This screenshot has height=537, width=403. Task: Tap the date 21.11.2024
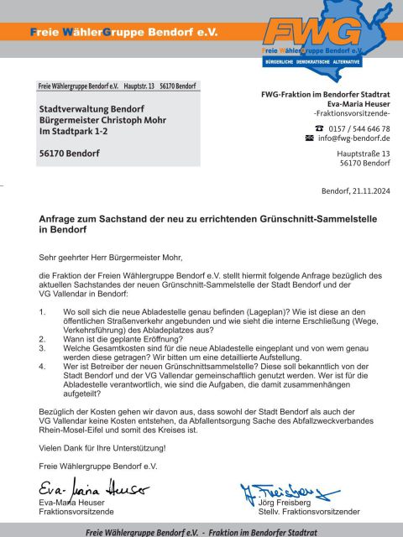point(367,190)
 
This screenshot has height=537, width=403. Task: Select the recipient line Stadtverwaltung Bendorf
point(86,108)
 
